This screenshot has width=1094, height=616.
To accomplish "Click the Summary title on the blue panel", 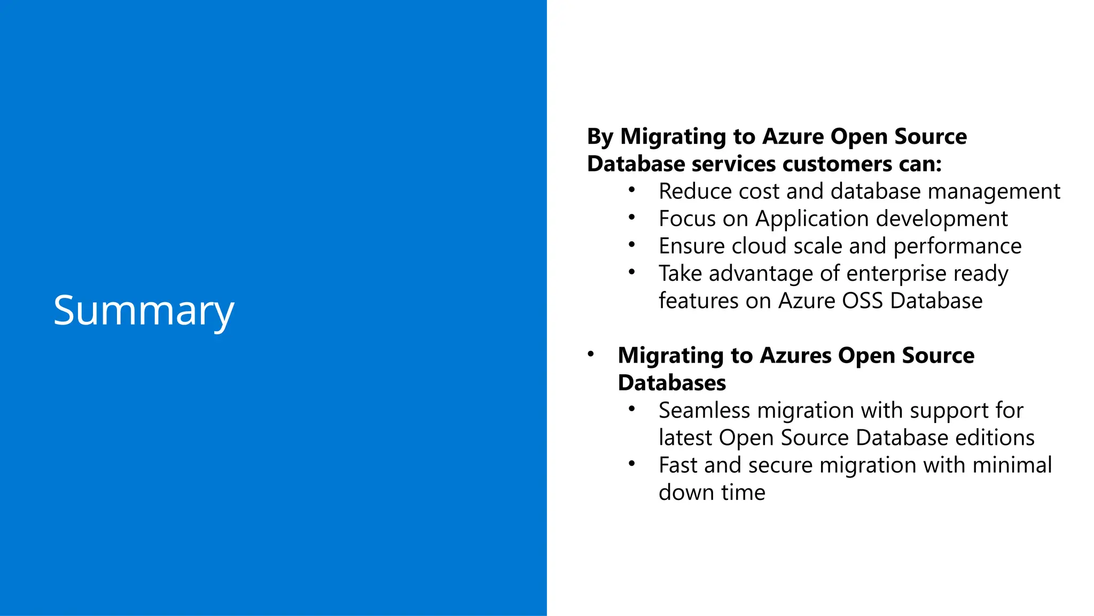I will pos(144,311).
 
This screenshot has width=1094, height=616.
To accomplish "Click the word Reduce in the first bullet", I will pos(690,191).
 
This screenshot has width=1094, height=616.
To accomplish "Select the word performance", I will pos(957,247).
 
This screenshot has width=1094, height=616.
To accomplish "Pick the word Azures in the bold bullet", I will pos(795,356).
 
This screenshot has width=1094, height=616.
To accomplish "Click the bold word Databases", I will pos(671,383).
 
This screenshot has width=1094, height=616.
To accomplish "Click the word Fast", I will pos(678,465).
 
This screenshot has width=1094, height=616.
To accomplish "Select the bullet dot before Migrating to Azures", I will pos(590,355).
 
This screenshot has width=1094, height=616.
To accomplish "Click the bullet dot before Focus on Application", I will pos(632,218).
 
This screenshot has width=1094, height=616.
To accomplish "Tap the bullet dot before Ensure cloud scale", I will pos(632,245).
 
